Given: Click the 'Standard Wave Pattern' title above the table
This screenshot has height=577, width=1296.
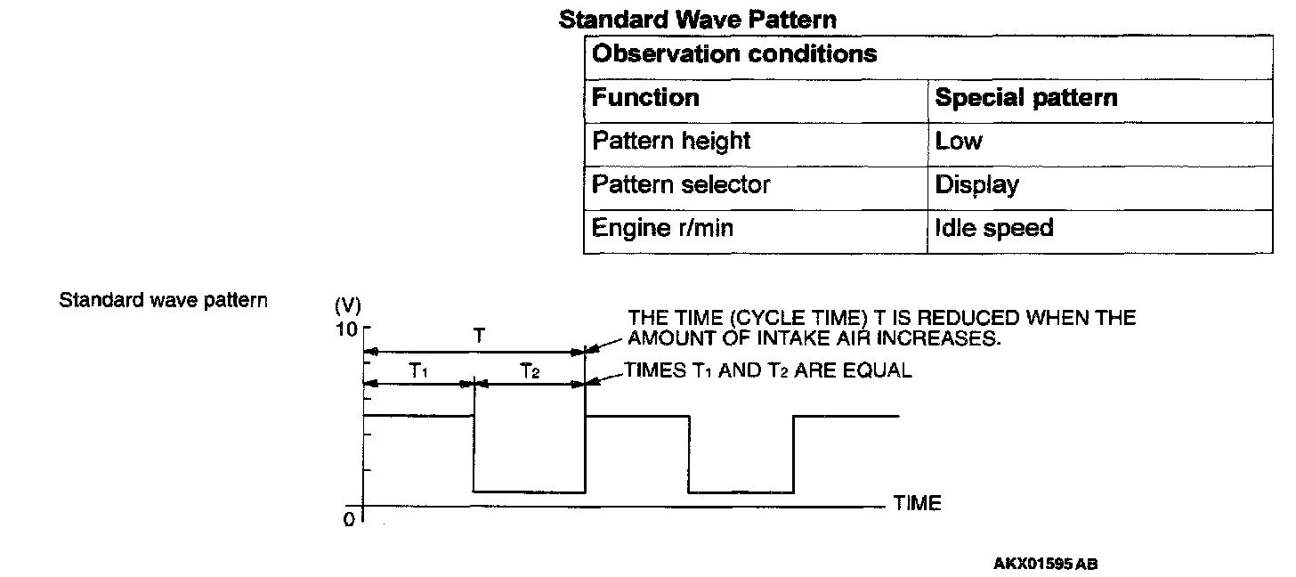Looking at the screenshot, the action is [x=698, y=19].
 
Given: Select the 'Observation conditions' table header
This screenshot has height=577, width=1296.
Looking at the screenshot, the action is [x=734, y=54].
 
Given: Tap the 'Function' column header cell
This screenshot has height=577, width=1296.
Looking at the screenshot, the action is [x=645, y=98].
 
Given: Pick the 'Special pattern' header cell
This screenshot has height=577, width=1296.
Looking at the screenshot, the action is [x=1026, y=98].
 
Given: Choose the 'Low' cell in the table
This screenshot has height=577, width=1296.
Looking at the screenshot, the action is [x=959, y=142].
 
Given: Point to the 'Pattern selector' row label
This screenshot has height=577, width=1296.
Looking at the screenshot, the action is [x=681, y=185].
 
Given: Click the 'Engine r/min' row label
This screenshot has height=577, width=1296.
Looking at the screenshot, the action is [x=662, y=229].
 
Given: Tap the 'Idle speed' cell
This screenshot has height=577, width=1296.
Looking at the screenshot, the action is [x=993, y=229].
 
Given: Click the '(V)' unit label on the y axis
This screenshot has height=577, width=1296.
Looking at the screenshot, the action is [x=347, y=306].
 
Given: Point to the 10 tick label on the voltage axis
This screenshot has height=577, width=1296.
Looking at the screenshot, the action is [x=347, y=329].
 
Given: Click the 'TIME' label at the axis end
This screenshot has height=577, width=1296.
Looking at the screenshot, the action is [x=917, y=504].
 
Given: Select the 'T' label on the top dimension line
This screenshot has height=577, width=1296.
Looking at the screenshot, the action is [x=479, y=337].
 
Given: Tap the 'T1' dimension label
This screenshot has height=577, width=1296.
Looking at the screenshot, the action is [x=418, y=372].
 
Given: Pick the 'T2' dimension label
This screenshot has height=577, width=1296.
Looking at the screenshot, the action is [x=530, y=372].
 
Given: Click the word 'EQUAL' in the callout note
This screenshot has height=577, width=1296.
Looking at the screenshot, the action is [x=879, y=370].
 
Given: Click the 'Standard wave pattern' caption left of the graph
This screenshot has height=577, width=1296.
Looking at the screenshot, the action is [x=163, y=300].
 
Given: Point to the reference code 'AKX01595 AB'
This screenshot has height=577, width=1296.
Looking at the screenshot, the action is [x=1046, y=564].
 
